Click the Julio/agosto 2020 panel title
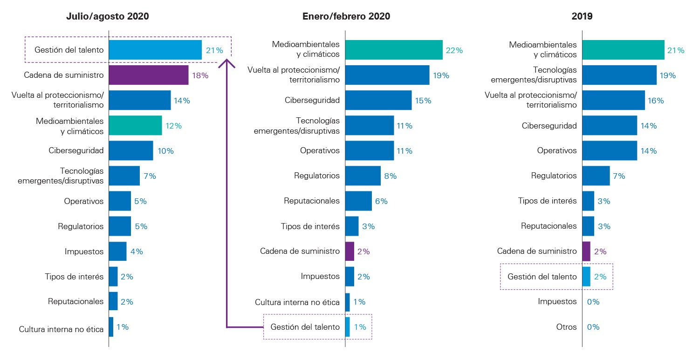coord(107,16)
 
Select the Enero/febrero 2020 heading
coord(346,16)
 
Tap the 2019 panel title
coord(582,16)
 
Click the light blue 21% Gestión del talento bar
coord(155,50)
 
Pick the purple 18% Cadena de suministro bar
coord(148,75)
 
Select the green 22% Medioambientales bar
coord(394,50)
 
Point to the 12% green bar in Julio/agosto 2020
coord(135,125)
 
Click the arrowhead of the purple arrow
coord(227,61)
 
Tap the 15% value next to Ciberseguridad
coord(424,101)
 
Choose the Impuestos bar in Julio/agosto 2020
coord(117,251)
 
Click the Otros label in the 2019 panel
coord(566,327)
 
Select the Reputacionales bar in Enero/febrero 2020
coord(358,201)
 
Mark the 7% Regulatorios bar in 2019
coord(596,176)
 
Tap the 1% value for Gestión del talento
coord(360,327)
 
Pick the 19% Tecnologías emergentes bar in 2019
coord(619,75)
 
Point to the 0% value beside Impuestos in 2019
coord(593,302)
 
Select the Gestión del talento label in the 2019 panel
coord(542,277)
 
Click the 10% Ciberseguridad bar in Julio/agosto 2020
coord(131,151)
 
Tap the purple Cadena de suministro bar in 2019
coord(586,251)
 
